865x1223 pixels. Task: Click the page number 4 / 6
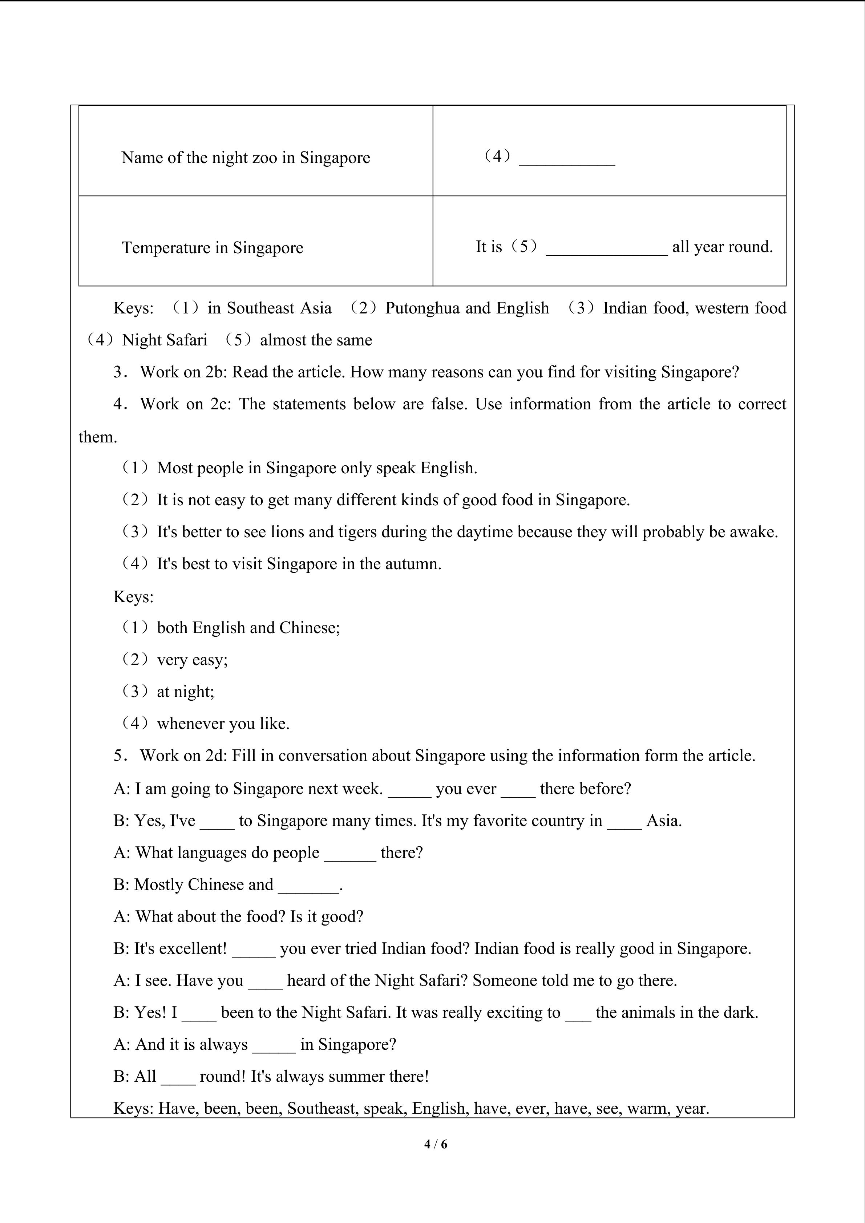436,1143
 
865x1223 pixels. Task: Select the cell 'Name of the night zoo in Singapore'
246,158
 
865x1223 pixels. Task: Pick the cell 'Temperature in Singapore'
213,248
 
